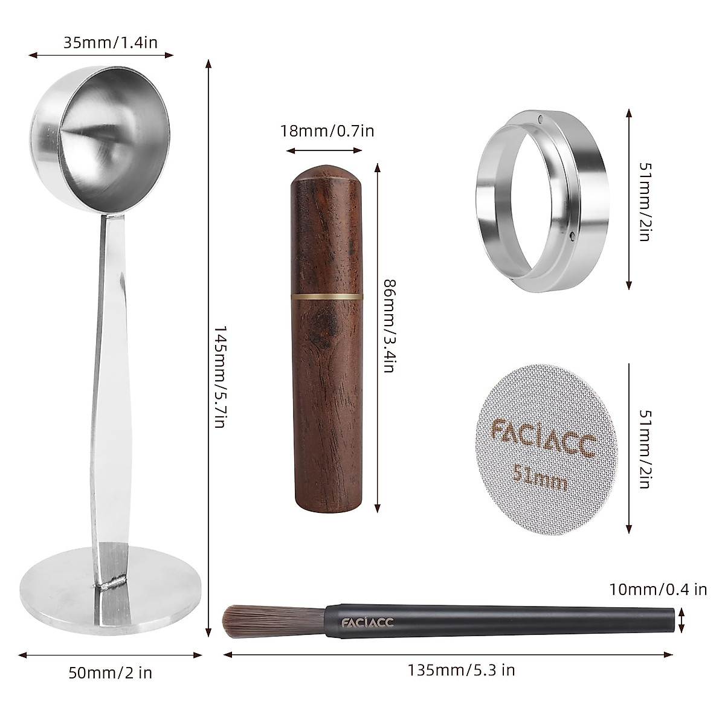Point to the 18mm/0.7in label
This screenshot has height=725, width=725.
point(327,130)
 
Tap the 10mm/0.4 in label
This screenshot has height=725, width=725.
point(657,589)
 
